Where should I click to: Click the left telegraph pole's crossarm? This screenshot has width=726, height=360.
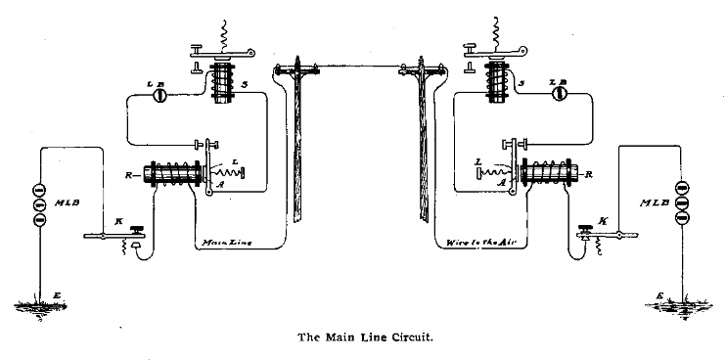[x=299, y=69]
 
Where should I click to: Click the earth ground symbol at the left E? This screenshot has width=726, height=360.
[x=40, y=306]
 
